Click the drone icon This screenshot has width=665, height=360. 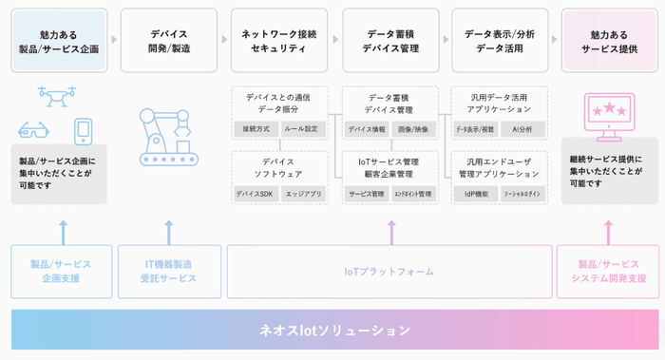pyautogui.click(x=56, y=95)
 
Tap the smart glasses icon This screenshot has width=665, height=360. pyautogui.click(x=34, y=130)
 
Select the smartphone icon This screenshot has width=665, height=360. pyautogui.click(x=84, y=130)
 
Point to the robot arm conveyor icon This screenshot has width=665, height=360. pyautogui.click(x=167, y=136)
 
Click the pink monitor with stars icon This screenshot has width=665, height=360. pyautogui.click(x=609, y=116)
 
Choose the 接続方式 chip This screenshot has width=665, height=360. pyautogui.click(x=256, y=128)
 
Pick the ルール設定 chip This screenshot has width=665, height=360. pyautogui.click(x=302, y=128)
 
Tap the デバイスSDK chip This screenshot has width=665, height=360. pyautogui.click(x=256, y=194)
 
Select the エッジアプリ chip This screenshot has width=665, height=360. pyautogui.click(x=303, y=194)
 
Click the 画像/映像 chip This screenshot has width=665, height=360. pyautogui.click(x=413, y=128)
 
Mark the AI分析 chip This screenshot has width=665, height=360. pyautogui.click(x=522, y=128)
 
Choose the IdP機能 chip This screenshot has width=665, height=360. pyautogui.click(x=475, y=194)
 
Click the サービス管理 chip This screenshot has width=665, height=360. pyautogui.click(x=366, y=194)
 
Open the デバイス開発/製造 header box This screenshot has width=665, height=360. pyautogui.click(x=169, y=41)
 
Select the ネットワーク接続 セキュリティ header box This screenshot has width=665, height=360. pyautogui.click(x=279, y=41)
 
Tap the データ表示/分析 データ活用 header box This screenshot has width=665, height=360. pyautogui.click(x=500, y=41)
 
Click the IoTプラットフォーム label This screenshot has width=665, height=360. pyautogui.click(x=389, y=272)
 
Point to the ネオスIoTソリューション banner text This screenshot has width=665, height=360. pyautogui.click(x=334, y=330)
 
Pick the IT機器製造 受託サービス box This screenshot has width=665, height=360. pyautogui.click(x=169, y=272)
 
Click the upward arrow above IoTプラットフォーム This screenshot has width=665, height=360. pyautogui.click(x=391, y=232)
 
